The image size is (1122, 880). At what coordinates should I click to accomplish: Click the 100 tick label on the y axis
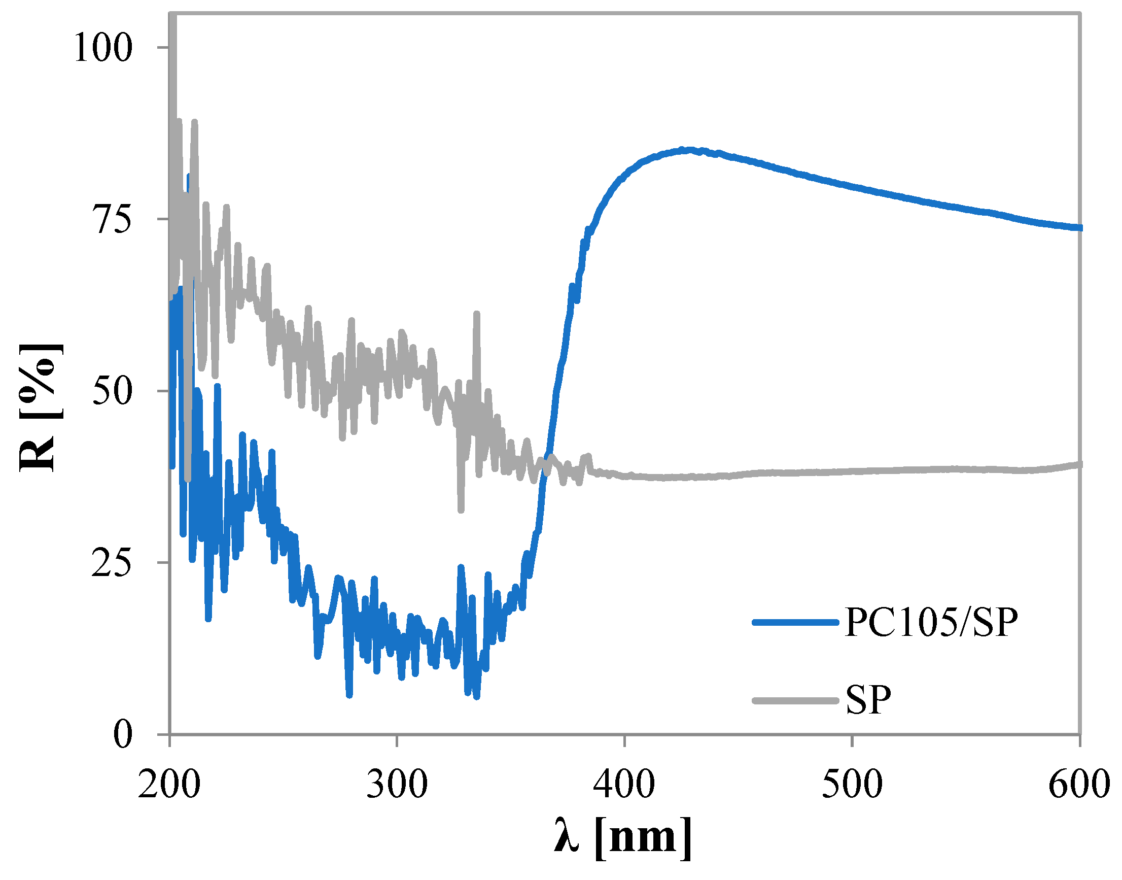(x=103, y=47)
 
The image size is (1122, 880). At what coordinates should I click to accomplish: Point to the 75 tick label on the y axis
(x=112, y=219)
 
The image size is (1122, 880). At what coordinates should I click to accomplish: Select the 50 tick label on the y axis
(x=112, y=391)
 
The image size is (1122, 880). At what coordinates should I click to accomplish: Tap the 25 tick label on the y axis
(x=112, y=563)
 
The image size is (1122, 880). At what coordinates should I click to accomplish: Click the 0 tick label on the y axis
(x=123, y=735)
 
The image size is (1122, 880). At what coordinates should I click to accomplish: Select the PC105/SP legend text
(x=931, y=622)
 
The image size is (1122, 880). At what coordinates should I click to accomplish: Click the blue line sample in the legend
(x=795, y=622)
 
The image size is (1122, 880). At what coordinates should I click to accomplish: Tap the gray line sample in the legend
(x=795, y=700)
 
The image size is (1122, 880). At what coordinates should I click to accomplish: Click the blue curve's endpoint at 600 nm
(x=1079, y=227)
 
